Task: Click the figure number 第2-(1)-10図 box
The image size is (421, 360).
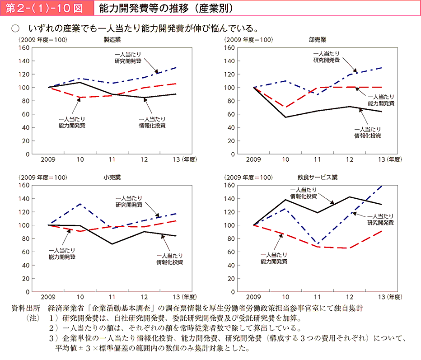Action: (x=45, y=8)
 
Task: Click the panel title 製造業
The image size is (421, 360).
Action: (x=112, y=40)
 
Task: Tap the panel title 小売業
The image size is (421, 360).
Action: (x=112, y=177)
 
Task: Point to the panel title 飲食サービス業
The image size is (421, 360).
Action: (x=315, y=177)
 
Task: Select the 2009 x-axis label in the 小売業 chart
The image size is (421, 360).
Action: (x=48, y=297)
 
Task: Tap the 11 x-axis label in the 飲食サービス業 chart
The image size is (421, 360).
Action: (x=318, y=297)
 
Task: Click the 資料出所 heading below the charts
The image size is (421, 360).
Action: (x=26, y=308)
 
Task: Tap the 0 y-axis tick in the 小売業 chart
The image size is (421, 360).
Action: (x=27, y=291)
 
